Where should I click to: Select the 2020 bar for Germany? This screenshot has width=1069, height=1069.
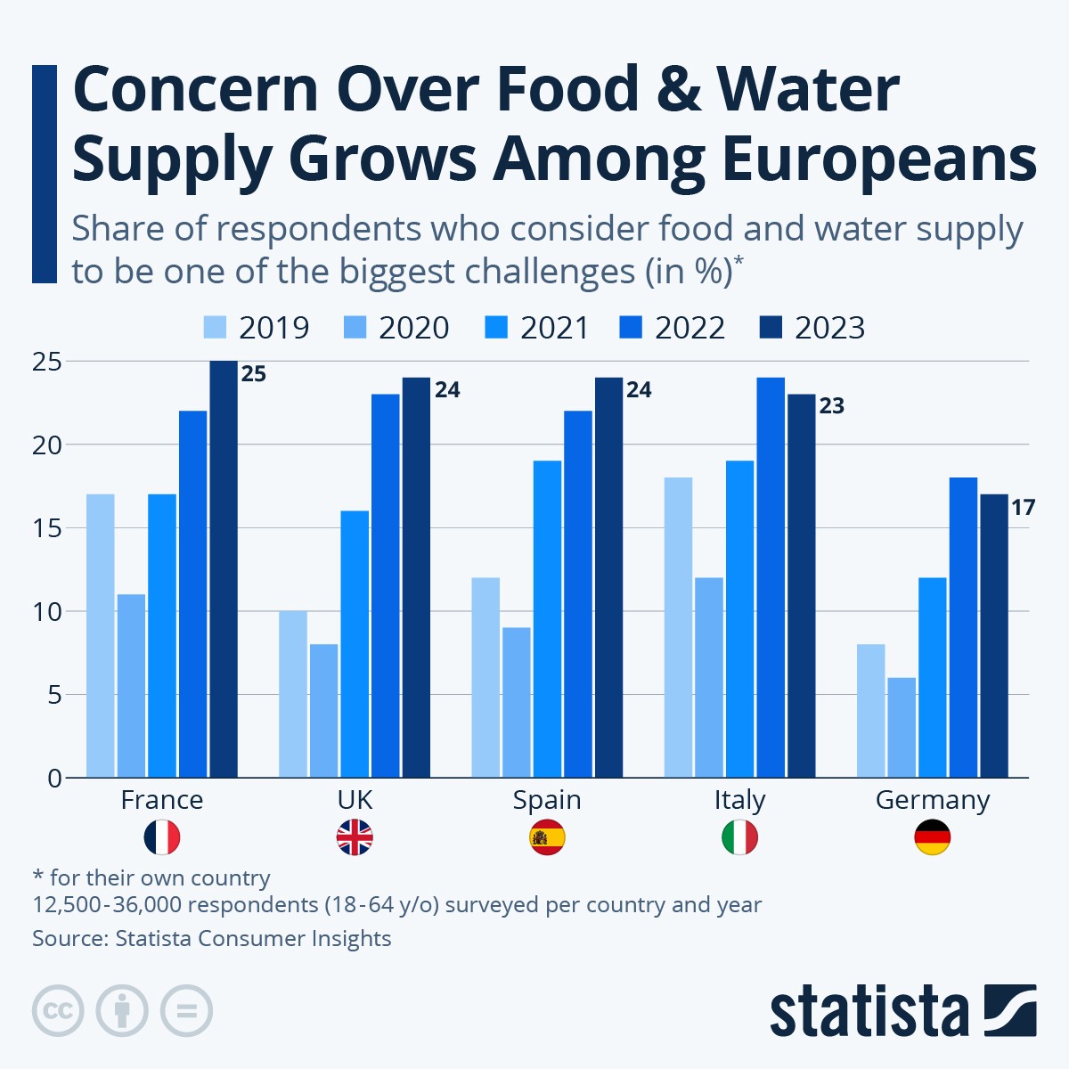pos(902,727)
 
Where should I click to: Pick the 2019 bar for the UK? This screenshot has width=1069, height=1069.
pos(292,694)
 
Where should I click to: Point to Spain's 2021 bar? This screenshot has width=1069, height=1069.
pos(547,618)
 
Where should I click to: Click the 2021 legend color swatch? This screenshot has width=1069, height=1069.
pos(496,328)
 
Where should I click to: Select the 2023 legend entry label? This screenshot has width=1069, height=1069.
pos(829,328)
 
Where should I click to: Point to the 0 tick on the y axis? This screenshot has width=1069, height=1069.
pos(54,779)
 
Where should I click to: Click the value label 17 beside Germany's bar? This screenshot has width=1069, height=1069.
pos(1023,508)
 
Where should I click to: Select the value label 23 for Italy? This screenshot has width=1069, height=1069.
pos(831,406)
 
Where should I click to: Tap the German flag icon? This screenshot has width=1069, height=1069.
pos(933,837)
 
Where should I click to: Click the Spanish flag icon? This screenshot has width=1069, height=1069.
pos(547,837)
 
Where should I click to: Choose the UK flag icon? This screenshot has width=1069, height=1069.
pos(355,837)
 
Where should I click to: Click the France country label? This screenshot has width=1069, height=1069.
pos(162,800)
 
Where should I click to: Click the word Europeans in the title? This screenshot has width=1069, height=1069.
pos(878,160)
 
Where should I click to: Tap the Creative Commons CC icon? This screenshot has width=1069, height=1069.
pos(58,1011)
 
